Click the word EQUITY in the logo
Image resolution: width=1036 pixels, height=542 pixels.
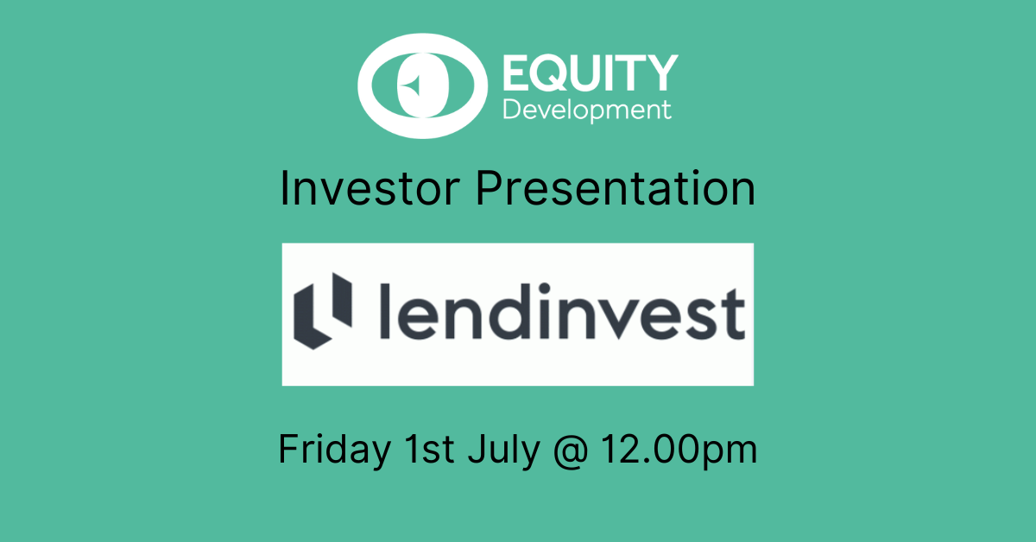(x=591, y=72)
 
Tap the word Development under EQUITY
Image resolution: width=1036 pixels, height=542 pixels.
(x=587, y=110)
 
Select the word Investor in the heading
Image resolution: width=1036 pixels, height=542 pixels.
(x=370, y=188)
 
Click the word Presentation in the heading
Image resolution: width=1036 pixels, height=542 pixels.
(x=616, y=188)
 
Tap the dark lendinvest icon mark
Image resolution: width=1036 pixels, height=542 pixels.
(x=323, y=311)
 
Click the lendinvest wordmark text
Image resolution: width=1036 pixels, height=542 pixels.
(x=562, y=312)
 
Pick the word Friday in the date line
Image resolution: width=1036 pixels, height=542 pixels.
(x=335, y=449)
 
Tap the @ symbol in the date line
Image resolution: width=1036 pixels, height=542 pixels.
(x=571, y=450)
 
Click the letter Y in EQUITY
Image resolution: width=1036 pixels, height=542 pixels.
(x=661, y=72)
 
